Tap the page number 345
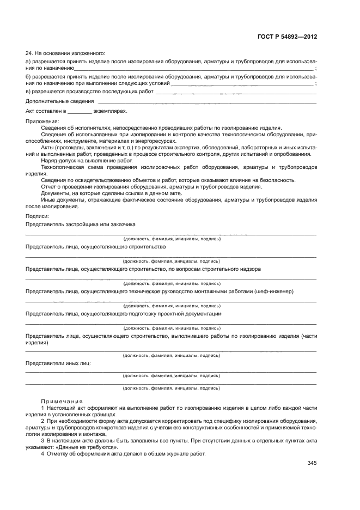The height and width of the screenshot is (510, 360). click(x=312, y=463)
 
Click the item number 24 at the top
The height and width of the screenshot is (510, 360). click(x=29, y=53)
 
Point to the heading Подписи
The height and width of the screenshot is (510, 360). click(x=38, y=216)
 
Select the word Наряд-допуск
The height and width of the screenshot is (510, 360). click(x=58, y=161)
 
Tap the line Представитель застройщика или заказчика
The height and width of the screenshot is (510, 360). click(x=80, y=224)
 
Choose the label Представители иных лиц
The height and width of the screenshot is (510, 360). click(x=58, y=362)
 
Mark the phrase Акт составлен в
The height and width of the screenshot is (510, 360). click(x=46, y=111)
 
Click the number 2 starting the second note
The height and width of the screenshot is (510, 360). click(x=42, y=421)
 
